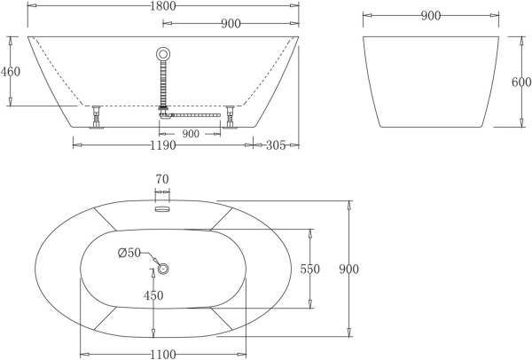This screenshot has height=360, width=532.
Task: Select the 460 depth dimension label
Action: [11, 71]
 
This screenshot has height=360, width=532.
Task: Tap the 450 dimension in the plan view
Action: [153, 295]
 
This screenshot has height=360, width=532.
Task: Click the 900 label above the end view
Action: [431, 16]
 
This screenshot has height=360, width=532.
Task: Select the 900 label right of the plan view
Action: [348, 269]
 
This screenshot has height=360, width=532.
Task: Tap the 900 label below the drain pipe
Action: [190, 134]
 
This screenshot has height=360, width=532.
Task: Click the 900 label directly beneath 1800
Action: [231, 25]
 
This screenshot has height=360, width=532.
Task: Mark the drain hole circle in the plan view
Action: [163, 269]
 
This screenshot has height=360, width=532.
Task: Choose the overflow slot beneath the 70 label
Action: [162, 209]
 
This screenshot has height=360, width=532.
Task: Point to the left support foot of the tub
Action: [95, 115]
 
